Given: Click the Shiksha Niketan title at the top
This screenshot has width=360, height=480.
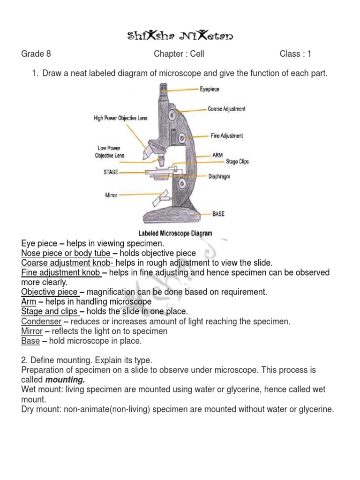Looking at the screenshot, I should click(x=180, y=36).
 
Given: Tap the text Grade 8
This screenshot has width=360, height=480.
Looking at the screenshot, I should click(x=36, y=54).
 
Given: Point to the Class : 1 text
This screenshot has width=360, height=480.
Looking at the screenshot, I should click(x=295, y=54).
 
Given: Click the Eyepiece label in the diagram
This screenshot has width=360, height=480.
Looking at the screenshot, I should click(x=209, y=89).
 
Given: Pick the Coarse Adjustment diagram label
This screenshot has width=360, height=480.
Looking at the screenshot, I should click(x=226, y=109).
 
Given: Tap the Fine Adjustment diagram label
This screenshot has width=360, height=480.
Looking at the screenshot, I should click(x=227, y=136).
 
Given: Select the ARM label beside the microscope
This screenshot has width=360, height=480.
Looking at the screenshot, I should click(x=218, y=154).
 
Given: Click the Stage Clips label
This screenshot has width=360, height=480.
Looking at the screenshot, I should click(x=237, y=162).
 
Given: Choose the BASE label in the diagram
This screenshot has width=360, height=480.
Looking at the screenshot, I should click(x=218, y=214).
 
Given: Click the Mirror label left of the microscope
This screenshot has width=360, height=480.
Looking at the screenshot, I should click(x=111, y=195).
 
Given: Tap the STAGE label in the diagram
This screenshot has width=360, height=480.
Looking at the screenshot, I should click(x=111, y=172).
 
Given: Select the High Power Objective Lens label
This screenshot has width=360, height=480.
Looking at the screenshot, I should click(x=120, y=118).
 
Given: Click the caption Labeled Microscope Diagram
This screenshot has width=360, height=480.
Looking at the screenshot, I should click(x=175, y=233).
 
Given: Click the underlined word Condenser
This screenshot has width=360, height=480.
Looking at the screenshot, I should click(x=41, y=322).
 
